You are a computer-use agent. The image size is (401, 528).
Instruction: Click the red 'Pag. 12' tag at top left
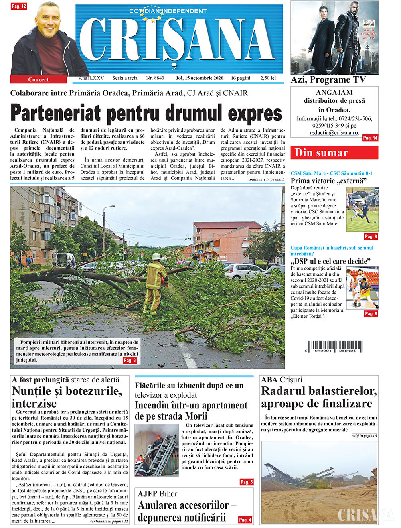tap(19, 6)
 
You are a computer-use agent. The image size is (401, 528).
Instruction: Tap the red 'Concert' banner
tap(38, 79)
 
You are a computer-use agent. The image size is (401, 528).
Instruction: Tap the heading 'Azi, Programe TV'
tap(328, 80)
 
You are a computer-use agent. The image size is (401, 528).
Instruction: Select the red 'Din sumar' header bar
tap(334, 153)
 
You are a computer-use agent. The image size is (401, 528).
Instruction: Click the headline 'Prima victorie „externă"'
tap(328, 181)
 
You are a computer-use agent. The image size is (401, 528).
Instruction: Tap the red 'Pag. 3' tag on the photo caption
tap(130, 361)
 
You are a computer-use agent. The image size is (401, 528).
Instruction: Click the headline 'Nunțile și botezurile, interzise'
tap(67, 397)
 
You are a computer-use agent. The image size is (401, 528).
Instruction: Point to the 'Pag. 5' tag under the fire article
tap(246, 482)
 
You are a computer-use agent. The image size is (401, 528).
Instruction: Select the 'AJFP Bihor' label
tap(157, 494)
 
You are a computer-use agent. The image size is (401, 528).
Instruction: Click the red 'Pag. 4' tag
tap(245, 520)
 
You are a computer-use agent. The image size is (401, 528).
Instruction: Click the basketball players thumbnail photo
tap(362, 288)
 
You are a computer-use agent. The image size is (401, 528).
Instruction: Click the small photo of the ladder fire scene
tap(156, 450)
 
